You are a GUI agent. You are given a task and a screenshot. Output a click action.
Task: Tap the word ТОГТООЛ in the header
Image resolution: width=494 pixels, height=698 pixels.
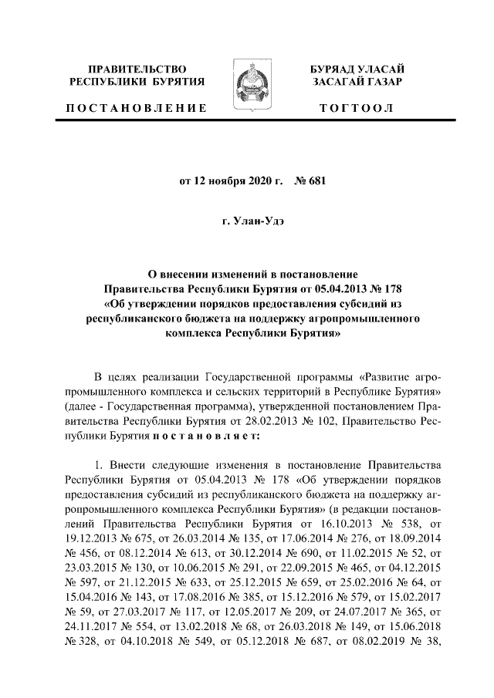[357, 108]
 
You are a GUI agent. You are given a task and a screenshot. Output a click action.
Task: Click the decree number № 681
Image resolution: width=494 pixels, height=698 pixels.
[307, 182]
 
